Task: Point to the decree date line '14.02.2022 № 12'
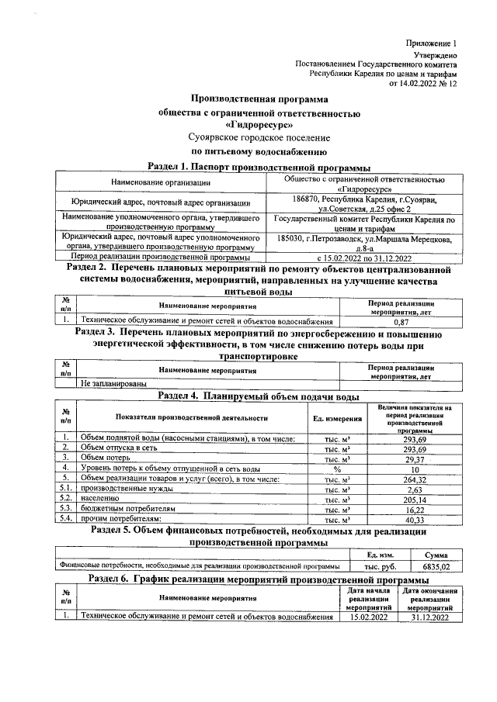(428, 83)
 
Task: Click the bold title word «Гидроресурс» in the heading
(259, 124)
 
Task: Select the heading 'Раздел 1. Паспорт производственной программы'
(259, 168)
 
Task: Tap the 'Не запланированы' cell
(110, 384)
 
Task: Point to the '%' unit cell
(337, 469)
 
